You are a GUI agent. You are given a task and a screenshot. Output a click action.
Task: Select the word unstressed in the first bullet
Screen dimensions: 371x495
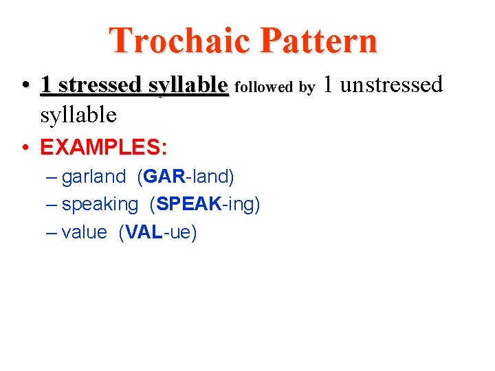point(391,85)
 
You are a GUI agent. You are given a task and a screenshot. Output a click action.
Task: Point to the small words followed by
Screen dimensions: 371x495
point(274,87)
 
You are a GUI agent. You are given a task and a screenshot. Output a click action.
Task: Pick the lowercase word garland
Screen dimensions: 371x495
point(93,177)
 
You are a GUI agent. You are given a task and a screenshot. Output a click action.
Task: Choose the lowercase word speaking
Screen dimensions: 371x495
point(100,205)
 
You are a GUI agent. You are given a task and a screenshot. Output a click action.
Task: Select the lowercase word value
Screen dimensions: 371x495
point(84,233)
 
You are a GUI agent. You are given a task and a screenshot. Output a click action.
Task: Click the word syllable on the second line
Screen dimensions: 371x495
point(78,115)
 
